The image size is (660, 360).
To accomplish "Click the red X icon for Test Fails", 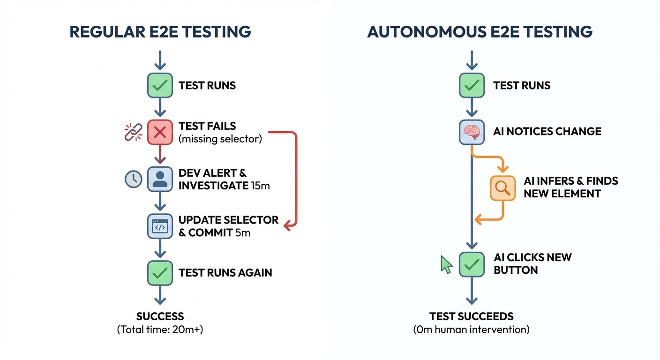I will tap(160, 132).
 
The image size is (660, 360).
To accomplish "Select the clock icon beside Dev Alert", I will tap(134, 179).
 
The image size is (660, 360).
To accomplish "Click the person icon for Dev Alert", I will tap(160, 179).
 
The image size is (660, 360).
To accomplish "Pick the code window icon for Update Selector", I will tap(160, 226).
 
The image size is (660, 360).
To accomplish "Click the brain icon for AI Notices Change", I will tap(471, 132).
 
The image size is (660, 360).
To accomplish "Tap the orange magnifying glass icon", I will tap(502, 188).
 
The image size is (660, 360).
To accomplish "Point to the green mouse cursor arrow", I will tap(446, 265).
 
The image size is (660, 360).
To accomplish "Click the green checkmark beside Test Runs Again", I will tap(160, 272).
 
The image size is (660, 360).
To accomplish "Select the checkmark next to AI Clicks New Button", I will tap(471, 264).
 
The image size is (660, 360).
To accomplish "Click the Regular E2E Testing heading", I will tap(160, 32).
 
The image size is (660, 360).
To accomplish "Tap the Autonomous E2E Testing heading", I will tap(480, 32).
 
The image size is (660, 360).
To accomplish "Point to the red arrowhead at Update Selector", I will tap(289, 226).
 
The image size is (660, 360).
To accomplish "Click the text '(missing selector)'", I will tap(220, 139).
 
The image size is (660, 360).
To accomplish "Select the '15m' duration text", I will tap(260, 186).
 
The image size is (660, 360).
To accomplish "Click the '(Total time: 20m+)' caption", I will tap(160, 330).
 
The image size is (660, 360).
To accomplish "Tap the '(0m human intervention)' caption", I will tap(471, 330).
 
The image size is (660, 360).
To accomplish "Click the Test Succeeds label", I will tap(471, 316).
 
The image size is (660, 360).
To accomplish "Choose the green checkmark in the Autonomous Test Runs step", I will tap(471, 85).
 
